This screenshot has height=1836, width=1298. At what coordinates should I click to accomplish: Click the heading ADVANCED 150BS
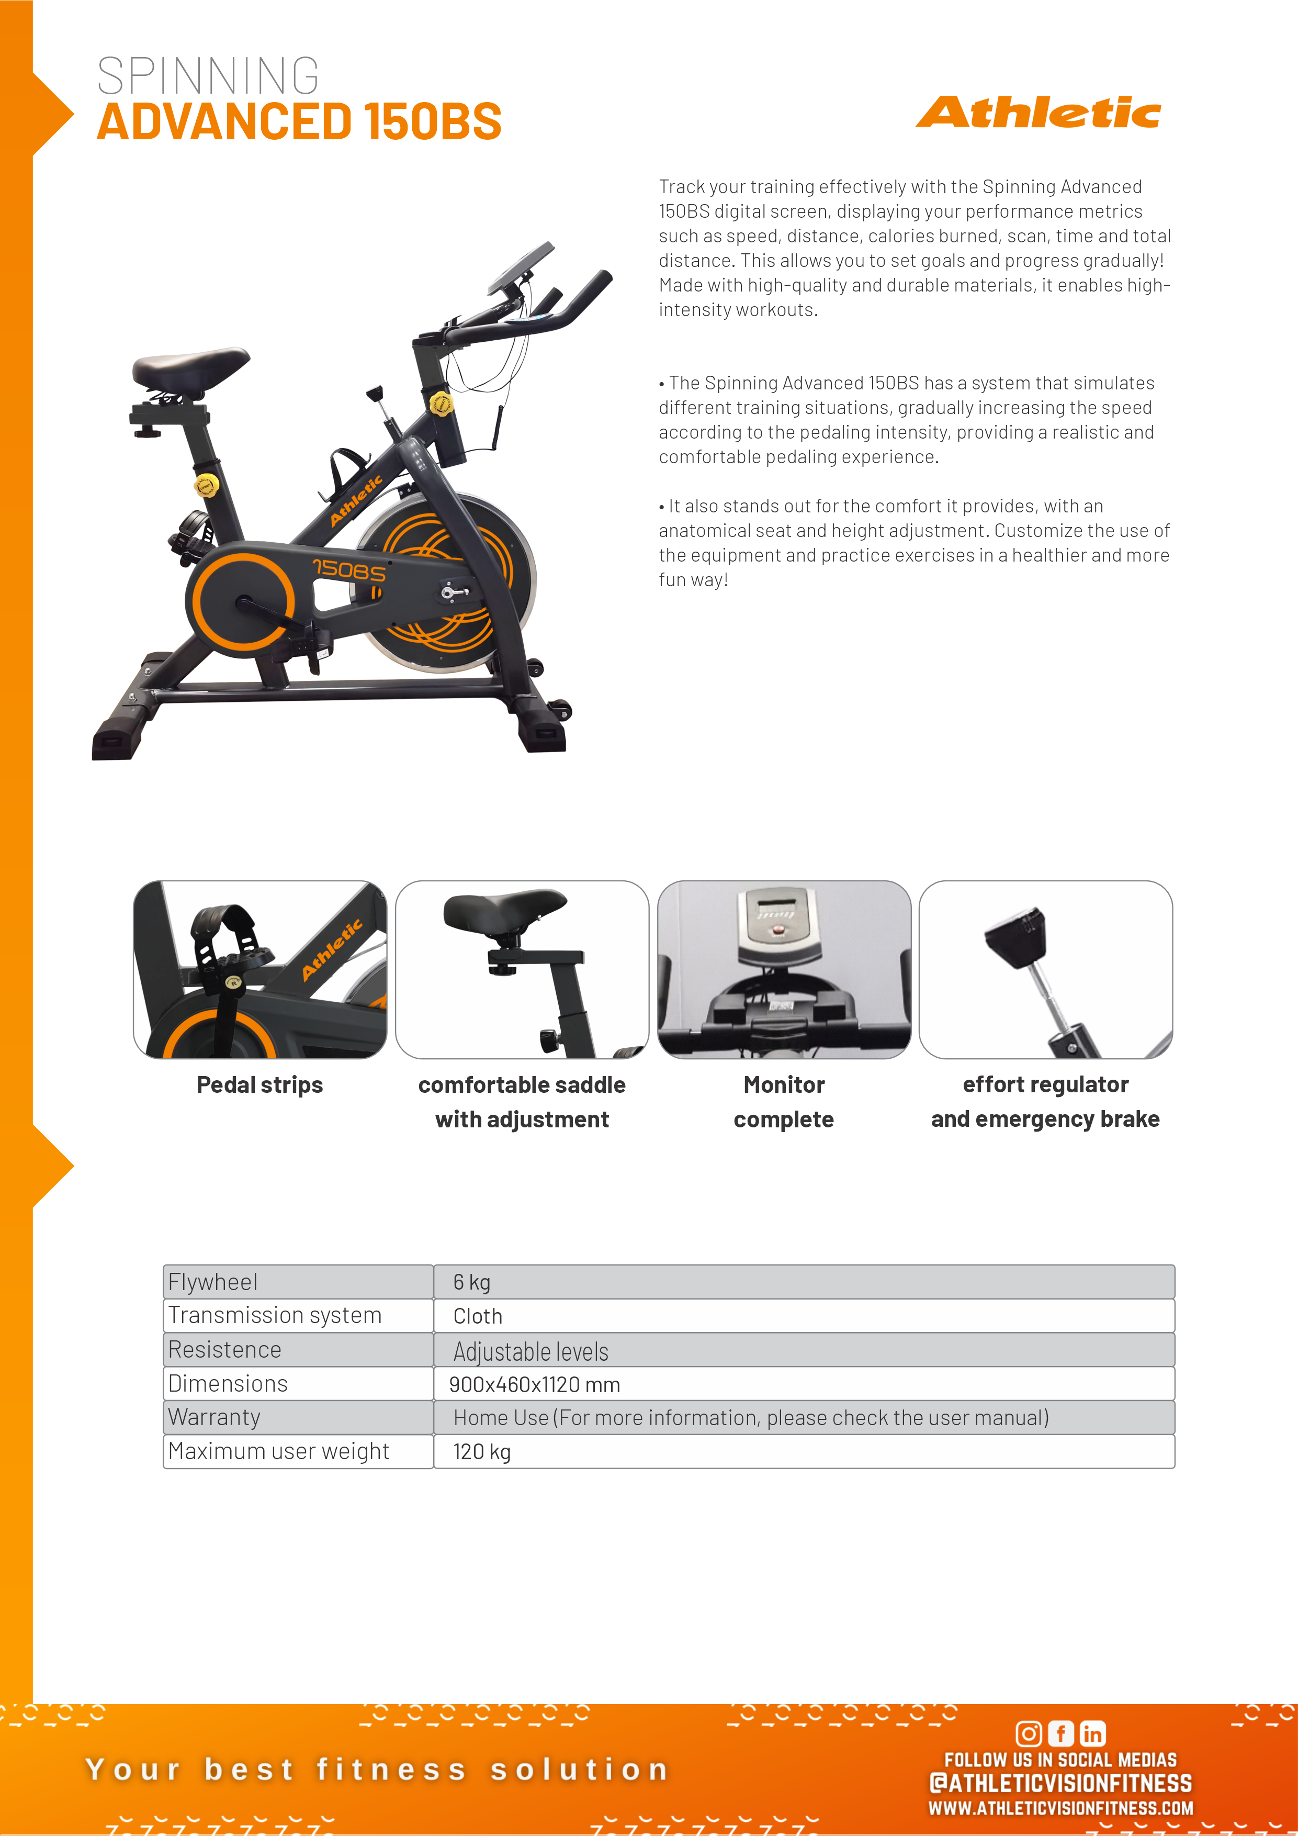coord(299,121)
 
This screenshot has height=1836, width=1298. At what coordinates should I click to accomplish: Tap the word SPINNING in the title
coord(208,76)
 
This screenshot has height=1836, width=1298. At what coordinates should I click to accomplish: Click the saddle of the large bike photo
coord(192,367)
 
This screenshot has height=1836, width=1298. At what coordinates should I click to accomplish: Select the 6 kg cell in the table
coord(471,1282)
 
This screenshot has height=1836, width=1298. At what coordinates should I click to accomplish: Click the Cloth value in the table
coord(478,1316)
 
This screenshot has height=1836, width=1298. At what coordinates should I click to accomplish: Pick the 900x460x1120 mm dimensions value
coord(534,1384)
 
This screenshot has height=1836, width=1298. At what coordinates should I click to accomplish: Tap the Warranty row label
coord(214,1417)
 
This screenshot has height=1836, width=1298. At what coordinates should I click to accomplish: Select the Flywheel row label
coord(212,1282)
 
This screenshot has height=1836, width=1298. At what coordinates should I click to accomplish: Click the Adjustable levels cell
coord(531,1351)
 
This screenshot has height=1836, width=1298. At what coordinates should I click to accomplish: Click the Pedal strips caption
coord(260,1085)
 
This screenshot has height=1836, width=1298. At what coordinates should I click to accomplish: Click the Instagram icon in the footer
coord(1029,1733)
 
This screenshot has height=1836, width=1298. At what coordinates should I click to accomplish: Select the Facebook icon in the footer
coord(1060,1733)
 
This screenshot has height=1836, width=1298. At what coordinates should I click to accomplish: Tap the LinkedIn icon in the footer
coord(1092,1733)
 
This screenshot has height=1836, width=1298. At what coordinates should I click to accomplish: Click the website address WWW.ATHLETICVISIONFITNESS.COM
coord(1060,1808)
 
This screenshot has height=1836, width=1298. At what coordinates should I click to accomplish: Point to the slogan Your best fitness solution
coord(377,1770)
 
